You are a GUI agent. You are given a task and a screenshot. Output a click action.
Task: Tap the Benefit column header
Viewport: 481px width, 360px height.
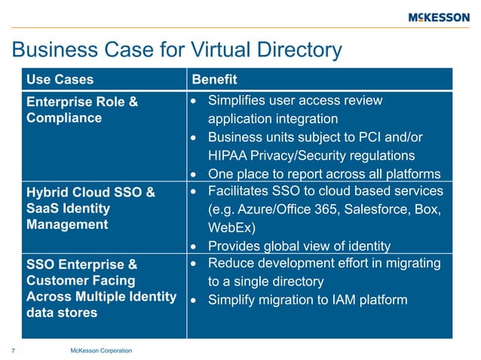pos(215,79)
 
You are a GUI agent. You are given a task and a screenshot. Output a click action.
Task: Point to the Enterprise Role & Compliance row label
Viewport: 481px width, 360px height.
pos(82,109)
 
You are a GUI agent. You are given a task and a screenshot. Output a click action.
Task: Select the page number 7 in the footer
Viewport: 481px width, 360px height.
pos(14,350)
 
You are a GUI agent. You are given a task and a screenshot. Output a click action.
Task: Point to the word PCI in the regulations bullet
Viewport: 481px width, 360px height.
pos(385,138)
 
